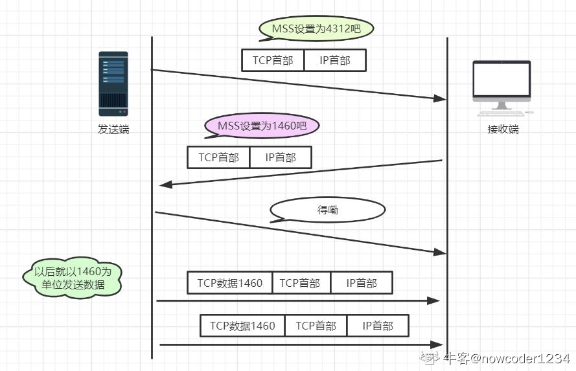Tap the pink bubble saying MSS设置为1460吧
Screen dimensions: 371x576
pos(262,126)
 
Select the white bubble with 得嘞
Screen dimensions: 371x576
pos(327,210)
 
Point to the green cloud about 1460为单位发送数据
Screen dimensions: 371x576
pos(73,278)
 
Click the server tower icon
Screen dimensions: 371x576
pos(113,84)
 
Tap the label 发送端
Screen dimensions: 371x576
pos(113,129)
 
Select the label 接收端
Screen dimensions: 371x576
pos(503,129)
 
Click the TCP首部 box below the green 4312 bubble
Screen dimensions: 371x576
pos(273,60)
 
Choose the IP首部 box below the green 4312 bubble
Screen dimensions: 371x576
pos(335,60)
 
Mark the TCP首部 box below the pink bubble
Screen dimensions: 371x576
pos(218,157)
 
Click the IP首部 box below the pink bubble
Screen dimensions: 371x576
pos(281,157)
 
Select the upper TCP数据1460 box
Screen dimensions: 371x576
pos(230,283)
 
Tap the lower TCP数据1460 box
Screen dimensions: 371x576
pos(243,326)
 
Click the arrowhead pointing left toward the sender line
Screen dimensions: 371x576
pos(166,185)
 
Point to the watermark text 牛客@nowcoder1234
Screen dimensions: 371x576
pos(505,358)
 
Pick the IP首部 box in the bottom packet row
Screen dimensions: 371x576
pos(378,326)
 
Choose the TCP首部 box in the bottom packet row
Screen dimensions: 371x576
pos(316,326)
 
